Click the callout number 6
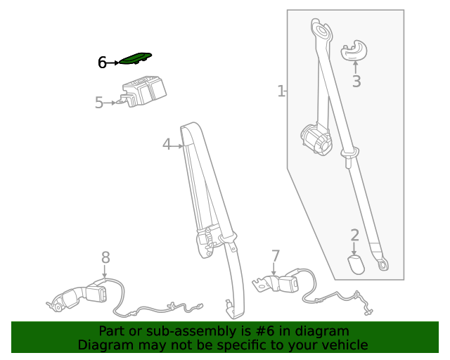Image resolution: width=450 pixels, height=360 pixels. (x=102, y=63)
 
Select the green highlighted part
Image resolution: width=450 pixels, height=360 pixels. (x=135, y=58)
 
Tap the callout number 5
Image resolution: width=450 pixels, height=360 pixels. (x=99, y=103)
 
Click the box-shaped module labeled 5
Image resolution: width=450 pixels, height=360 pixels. (x=142, y=91)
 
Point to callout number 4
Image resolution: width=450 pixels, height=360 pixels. (x=167, y=144)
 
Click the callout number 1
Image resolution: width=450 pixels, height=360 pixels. (x=281, y=91)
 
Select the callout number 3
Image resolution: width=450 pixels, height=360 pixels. (x=356, y=82)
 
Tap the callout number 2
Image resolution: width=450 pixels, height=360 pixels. (x=355, y=235)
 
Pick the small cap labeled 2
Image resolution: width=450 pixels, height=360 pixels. (x=356, y=264)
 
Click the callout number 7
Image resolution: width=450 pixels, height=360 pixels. (x=275, y=256)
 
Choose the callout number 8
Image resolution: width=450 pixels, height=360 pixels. (x=105, y=257)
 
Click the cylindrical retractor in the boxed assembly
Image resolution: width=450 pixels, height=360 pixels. (x=316, y=141)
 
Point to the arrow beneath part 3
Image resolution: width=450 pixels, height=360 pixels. (x=356, y=67)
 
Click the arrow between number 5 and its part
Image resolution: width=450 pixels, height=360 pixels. (x=110, y=103)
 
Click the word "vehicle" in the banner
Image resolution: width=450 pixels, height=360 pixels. (x=348, y=345)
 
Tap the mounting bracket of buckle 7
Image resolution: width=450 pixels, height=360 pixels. (x=262, y=283)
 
